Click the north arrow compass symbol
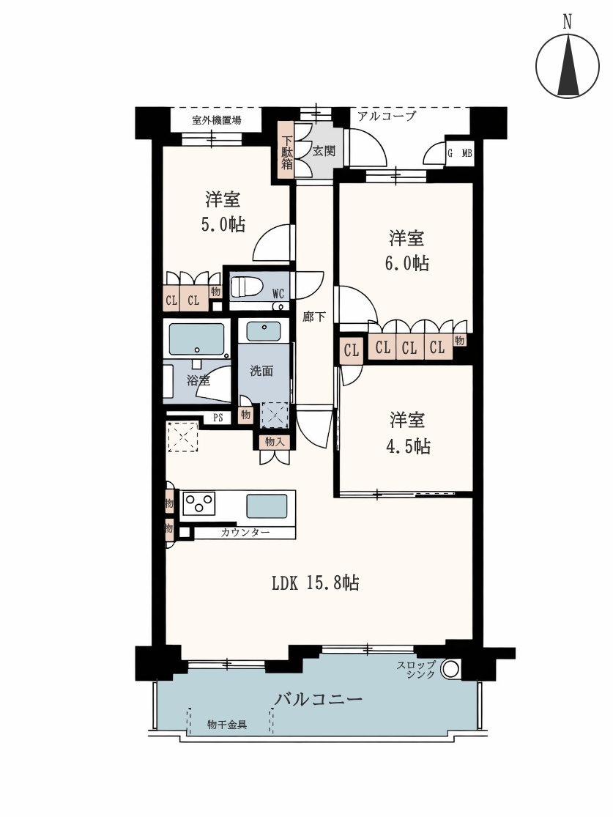click(567, 66)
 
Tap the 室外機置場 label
click(216, 120)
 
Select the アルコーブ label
click(387, 117)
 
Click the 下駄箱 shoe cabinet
click(286, 150)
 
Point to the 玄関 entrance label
click(324, 151)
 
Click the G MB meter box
click(460, 153)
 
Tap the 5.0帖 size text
click(223, 224)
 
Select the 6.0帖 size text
click(406, 263)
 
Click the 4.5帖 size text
click(408, 446)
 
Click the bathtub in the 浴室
click(196, 339)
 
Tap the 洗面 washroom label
click(261, 371)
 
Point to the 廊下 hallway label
click(314, 317)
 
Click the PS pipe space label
click(218, 418)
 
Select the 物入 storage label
click(275, 442)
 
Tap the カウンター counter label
click(245, 533)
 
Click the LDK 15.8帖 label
click(316, 583)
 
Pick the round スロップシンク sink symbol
click(450, 668)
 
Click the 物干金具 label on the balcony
click(227, 724)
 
